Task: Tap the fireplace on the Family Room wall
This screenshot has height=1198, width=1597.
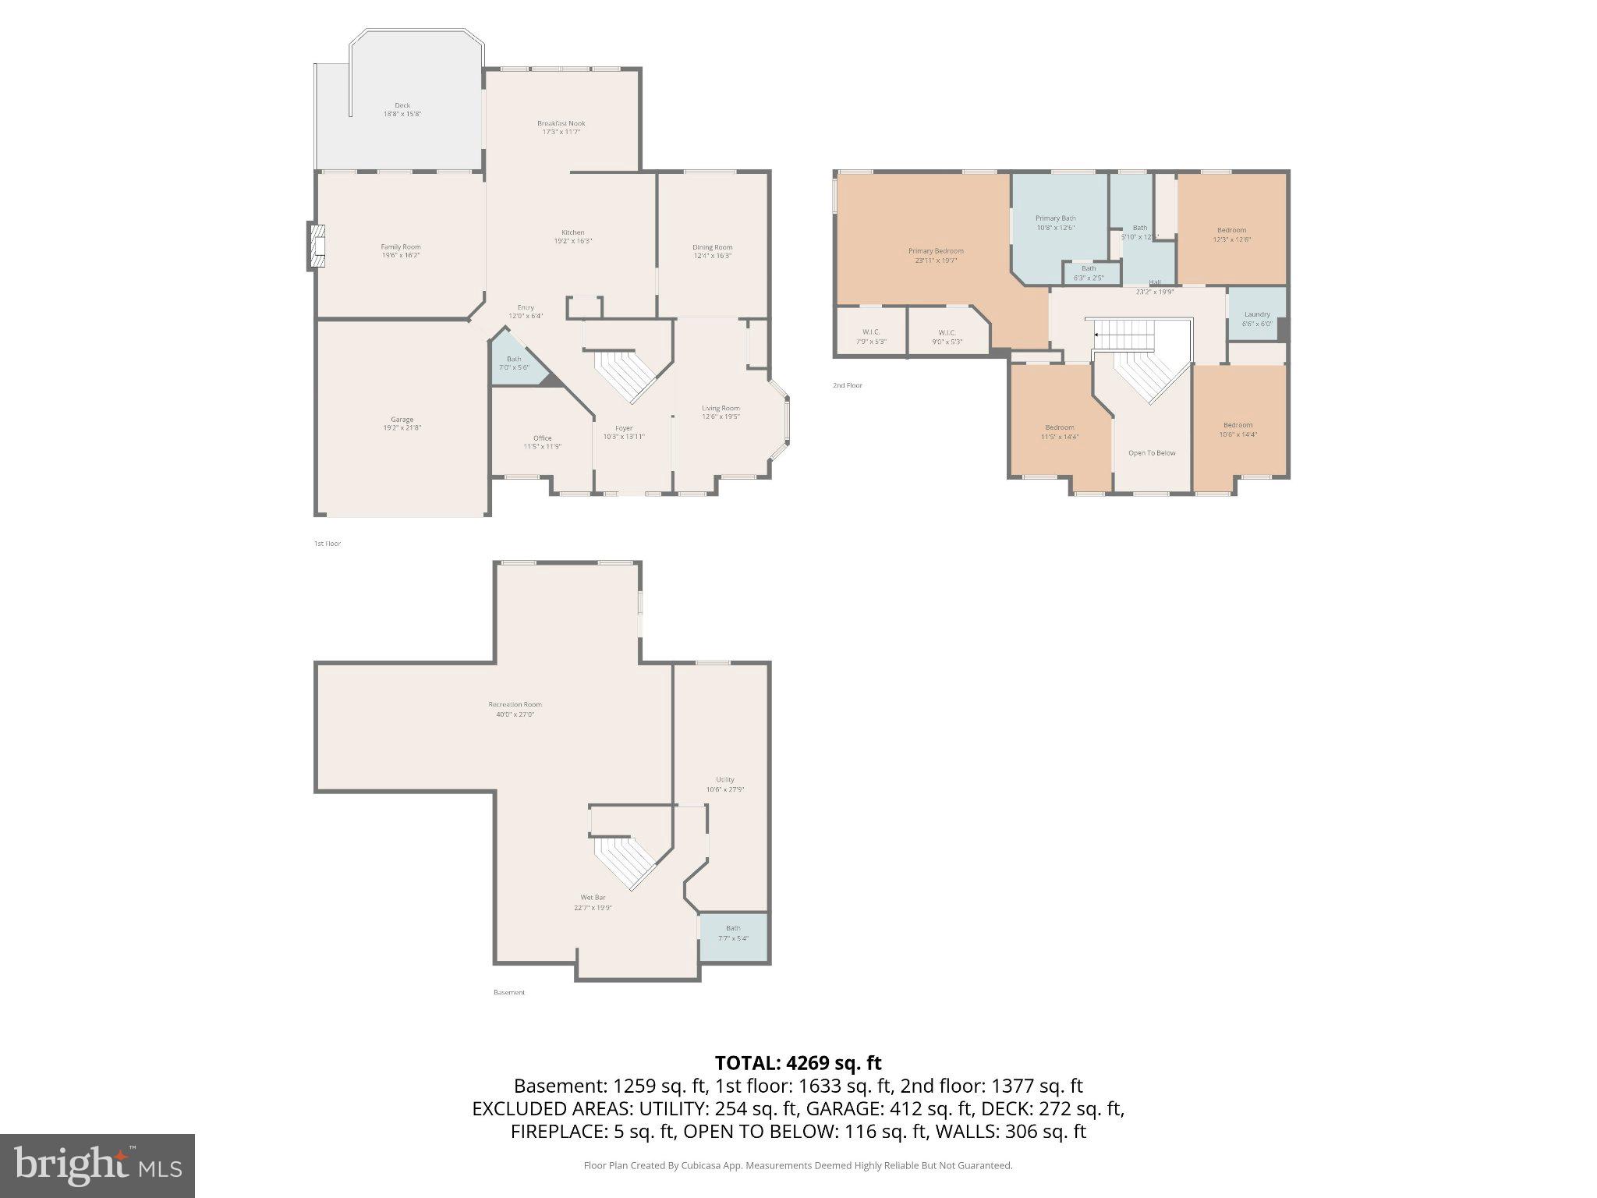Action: (x=316, y=246)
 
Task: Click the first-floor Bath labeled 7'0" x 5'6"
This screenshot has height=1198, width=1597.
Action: (x=514, y=363)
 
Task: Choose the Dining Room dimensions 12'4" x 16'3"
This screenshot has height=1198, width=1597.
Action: (x=713, y=256)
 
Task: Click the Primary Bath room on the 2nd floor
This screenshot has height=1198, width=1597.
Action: (x=1055, y=222)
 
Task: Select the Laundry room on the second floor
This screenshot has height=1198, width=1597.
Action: (x=1256, y=318)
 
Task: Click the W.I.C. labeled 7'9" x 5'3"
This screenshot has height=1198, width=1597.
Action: (x=871, y=336)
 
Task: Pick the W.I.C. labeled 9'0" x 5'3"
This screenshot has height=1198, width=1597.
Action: (x=947, y=336)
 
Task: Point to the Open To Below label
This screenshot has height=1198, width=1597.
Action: (x=1152, y=453)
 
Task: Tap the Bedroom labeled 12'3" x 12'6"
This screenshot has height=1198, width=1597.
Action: (x=1231, y=234)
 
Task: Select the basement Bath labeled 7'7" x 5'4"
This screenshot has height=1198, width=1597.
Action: (x=733, y=933)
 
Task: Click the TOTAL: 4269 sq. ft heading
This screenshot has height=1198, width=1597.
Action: (x=798, y=1062)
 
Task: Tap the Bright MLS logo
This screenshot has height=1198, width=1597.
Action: (x=97, y=1165)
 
